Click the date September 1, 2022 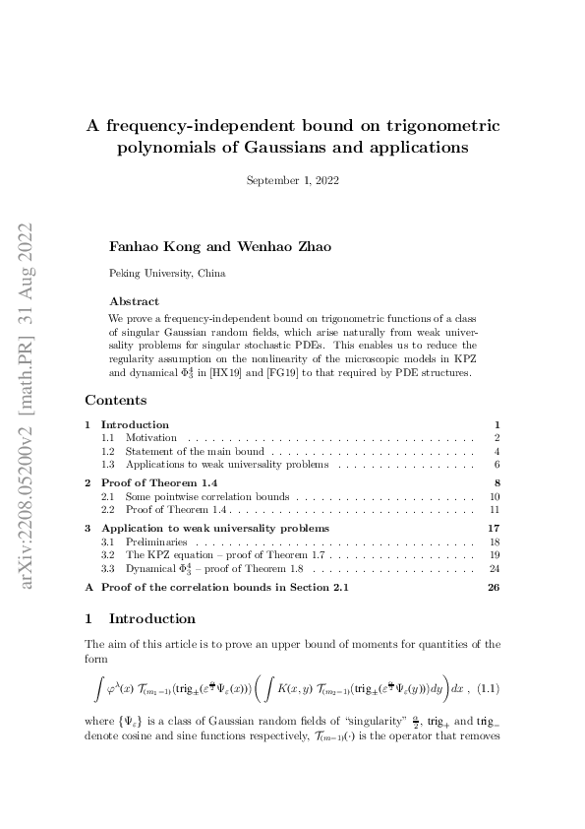click(292, 179)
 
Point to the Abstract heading click(134, 301)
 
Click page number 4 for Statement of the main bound click(497, 451)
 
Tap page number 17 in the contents click(495, 529)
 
